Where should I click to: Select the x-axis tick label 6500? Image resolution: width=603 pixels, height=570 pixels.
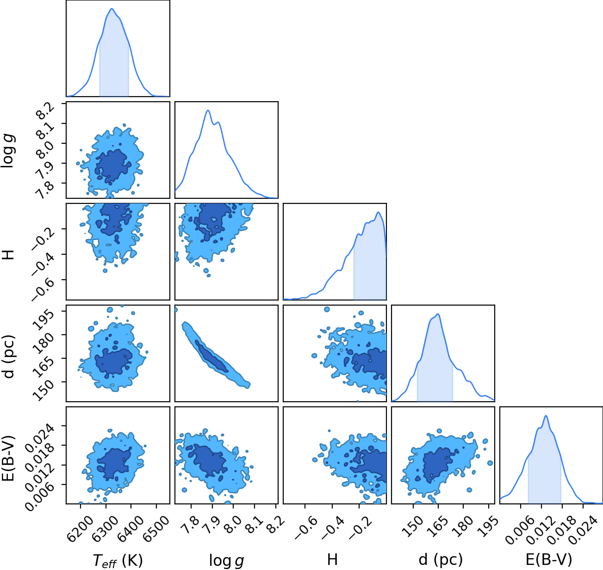(156, 524)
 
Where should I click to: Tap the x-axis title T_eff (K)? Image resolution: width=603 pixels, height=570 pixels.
(118, 560)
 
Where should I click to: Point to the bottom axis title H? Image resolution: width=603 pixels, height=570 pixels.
(332, 559)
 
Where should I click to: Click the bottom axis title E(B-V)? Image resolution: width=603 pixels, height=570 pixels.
(549, 560)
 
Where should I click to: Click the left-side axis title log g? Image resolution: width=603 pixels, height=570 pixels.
(8, 151)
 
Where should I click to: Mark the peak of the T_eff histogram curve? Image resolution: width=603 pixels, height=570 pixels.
(112, 9)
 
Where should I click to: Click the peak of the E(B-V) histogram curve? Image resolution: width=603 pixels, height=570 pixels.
(546, 416)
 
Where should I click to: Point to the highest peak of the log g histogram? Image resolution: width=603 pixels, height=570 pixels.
(208, 110)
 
